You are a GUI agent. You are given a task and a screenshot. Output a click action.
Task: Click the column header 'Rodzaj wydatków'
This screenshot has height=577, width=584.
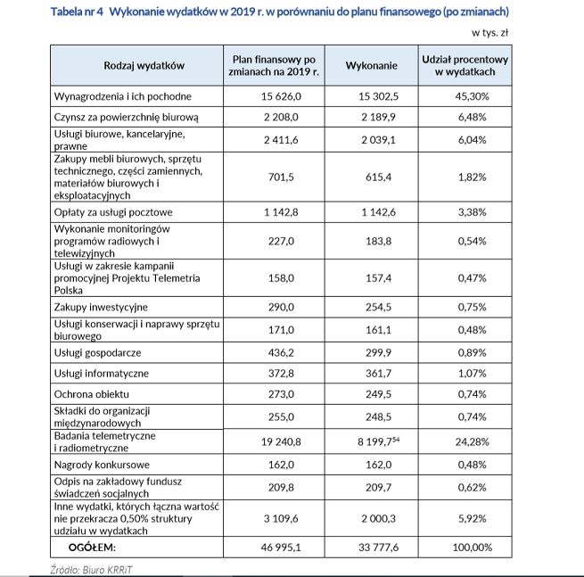pyautogui.click(x=144, y=65)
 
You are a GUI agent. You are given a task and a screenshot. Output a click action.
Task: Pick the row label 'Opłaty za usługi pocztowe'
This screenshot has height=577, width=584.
pyautogui.click(x=113, y=213)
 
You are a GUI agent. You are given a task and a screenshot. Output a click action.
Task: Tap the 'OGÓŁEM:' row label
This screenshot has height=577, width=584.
pyautogui.click(x=93, y=547)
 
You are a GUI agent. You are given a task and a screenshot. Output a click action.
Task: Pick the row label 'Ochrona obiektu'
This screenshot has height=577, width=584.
pyautogui.click(x=92, y=394)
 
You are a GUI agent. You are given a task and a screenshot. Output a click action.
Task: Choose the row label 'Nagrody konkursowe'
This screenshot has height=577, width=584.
pyautogui.click(x=101, y=465)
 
